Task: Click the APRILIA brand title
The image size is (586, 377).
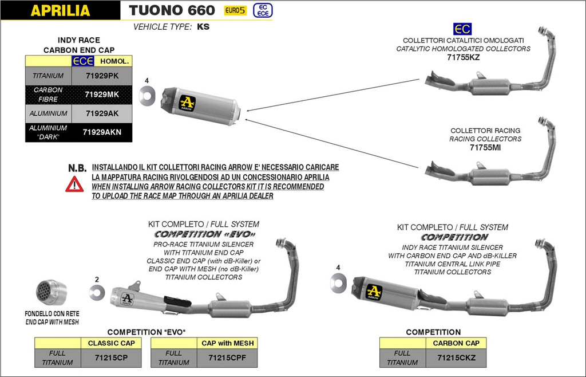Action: click(x=60, y=10)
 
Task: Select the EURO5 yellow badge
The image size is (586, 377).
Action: click(x=236, y=10)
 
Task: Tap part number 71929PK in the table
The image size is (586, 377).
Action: click(x=102, y=76)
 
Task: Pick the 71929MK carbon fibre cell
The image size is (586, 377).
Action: click(x=102, y=95)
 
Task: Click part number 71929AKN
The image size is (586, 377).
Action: click(x=102, y=132)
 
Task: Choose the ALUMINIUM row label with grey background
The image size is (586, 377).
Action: click(x=49, y=113)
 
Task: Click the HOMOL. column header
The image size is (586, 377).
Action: click(x=114, y=61)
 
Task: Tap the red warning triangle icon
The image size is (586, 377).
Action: click(x=74, y=184)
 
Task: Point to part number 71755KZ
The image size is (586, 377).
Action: click(x=463, y=58)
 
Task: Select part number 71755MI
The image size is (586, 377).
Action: click(x=485, y=147)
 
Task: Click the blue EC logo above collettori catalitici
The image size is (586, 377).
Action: click(x=462, y=29)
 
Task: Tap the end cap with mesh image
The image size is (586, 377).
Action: click(x=52, y=294)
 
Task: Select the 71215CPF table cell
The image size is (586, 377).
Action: click(x=227, y=358)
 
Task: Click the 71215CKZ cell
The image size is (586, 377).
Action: click(x=457, y=358)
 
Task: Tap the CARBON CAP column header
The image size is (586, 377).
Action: click(x=457, y=343)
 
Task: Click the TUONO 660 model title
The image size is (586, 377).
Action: click(x=172, y=10)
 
